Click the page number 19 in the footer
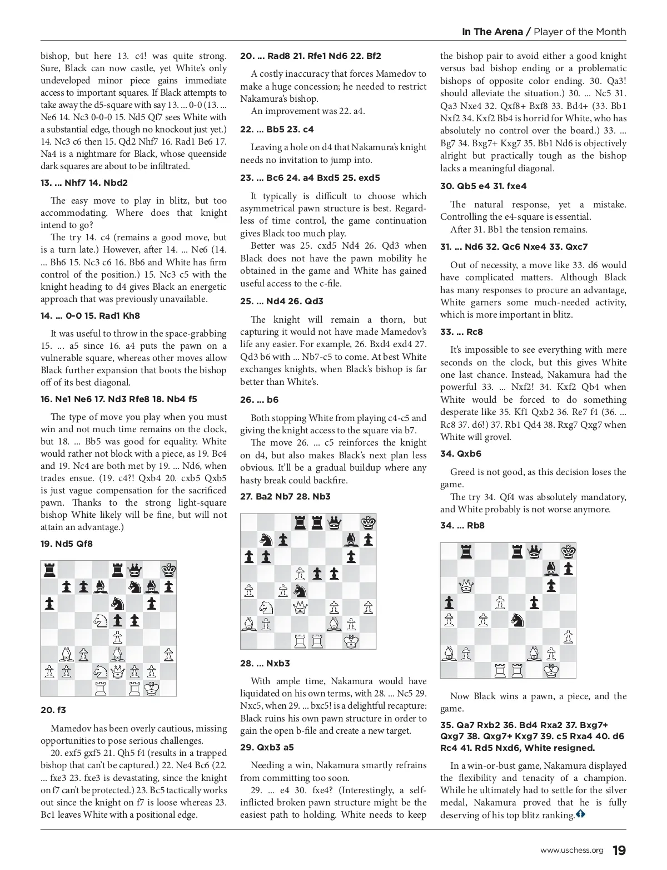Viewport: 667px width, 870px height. (619, 851)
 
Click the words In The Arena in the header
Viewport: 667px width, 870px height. (492, 32)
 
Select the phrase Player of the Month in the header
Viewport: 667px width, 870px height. (580, 32)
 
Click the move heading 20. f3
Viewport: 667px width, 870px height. (53, 710)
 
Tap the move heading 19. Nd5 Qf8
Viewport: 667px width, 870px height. (67, 544)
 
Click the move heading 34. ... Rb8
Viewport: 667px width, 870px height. (462, 526)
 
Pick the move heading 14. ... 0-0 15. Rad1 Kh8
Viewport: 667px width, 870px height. (90, 316)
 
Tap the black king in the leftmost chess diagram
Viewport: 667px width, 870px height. (167, 570)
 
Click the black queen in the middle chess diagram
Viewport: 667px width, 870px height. (333, 522)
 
